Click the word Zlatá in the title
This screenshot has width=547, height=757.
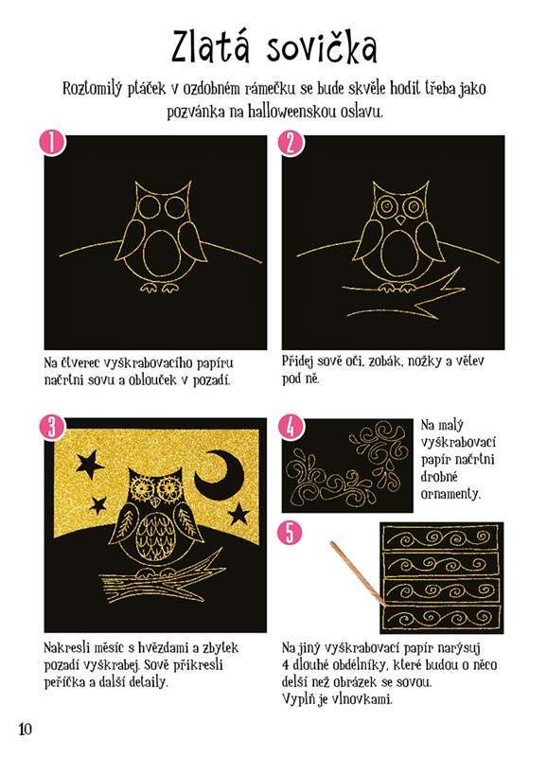tap(211, 46)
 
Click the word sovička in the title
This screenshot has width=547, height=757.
tap(322, 46)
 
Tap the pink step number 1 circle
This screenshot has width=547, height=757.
tap(52, 143)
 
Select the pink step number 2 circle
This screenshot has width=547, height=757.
tap(291, 143)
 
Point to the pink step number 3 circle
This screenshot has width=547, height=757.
tap(52, 427)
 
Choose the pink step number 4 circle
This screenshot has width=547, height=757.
tap(291, 427)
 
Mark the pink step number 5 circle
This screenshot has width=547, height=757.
tap(291, 533)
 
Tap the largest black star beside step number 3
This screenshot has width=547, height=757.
tap(89, 465)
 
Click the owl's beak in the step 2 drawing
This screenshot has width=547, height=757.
tap(400, 220)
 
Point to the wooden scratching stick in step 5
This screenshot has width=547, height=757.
tap(359, 574)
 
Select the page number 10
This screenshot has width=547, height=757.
tap(26, 728)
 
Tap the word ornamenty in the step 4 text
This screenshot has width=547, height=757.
tap(450, 494)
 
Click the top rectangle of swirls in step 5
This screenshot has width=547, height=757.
tap(441, 537)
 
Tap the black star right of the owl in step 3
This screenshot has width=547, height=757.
tap(238, 514)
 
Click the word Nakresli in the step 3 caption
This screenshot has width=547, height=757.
tap(66, 647)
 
